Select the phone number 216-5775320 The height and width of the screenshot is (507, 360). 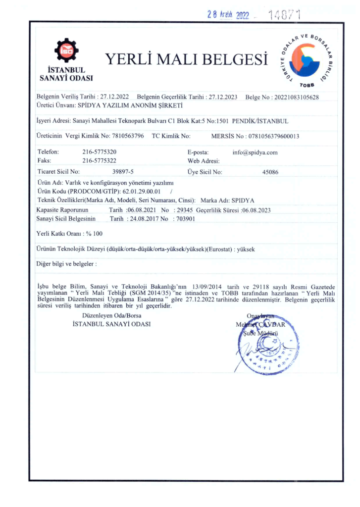[100, 152]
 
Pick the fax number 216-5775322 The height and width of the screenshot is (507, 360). [100, 160]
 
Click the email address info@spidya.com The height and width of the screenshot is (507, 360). [255, 152]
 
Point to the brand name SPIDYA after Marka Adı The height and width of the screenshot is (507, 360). [243, 200]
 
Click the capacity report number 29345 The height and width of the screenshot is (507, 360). [185, 210]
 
